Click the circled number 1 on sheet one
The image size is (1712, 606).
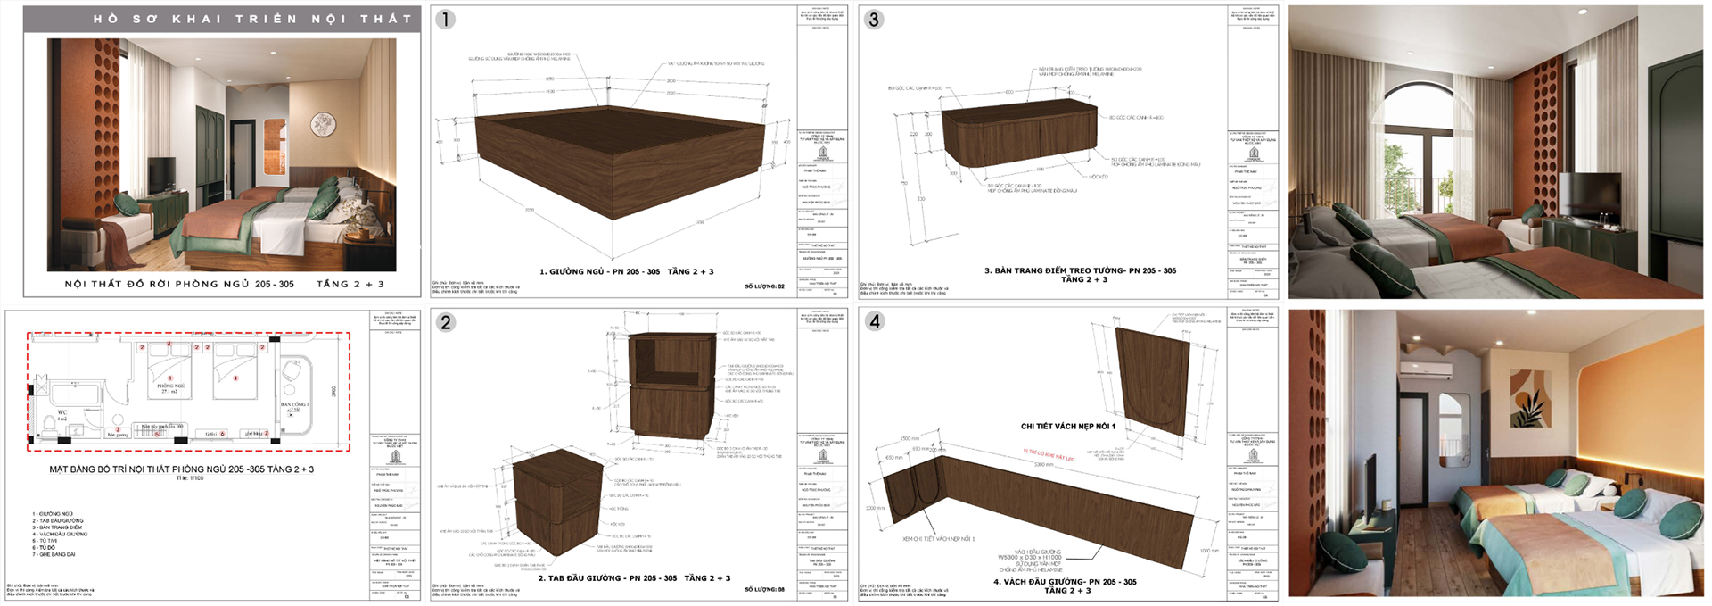tap(445, 20)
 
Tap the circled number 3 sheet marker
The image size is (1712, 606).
tap(873, 20)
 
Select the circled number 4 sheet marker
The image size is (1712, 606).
tap(874, 321)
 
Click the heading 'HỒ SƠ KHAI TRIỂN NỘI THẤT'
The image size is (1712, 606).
tap(252, 19)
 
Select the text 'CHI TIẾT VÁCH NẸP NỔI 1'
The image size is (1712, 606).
tap(1067, 427)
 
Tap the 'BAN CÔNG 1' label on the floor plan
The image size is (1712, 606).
tap(294, 404)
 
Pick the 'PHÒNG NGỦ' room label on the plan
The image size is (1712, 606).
tap(170, 387)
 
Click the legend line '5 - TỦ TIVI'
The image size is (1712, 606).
tap(45, 541)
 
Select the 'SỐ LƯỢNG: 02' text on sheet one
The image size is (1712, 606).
tap(764, 286)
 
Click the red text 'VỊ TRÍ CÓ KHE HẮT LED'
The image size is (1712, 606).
tap(1048, 456)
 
